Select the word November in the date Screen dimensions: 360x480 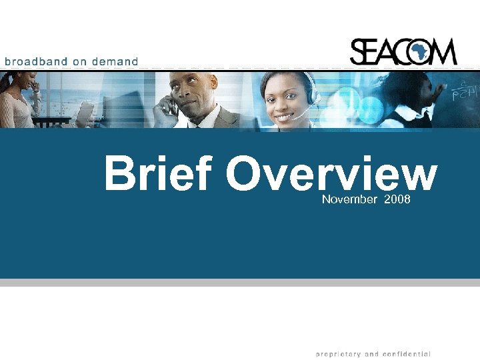[349, 200]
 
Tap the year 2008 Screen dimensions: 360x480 [397, 200]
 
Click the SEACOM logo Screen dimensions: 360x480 [403, 51]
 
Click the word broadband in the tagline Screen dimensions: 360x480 [37, 61]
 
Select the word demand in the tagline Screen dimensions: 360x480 [115, 61]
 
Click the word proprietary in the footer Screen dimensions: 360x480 [340, 354]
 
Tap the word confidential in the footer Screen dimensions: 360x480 [406, 354]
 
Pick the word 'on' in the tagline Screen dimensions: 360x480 [80, 61]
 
